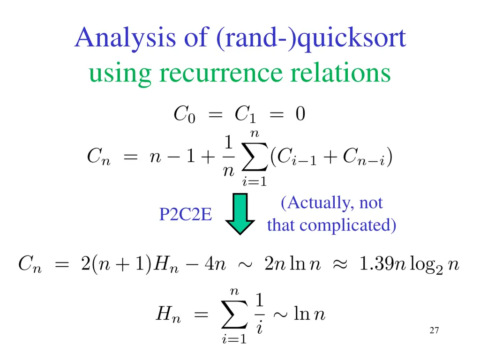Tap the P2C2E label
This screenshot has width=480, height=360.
186,215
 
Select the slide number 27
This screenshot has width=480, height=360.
434,331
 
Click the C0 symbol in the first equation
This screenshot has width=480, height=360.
184,114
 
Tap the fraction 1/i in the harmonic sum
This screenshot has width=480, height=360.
260,315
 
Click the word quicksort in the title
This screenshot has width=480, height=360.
352,38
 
